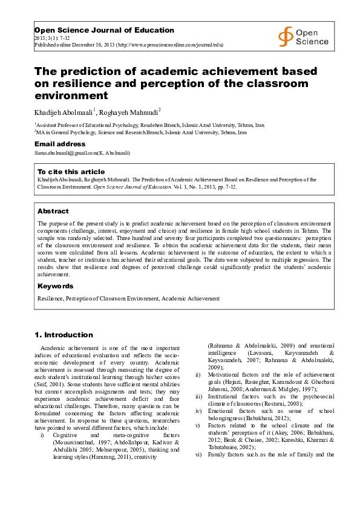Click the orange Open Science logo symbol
[x=286, y=37]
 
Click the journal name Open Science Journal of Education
[x=104, y=30]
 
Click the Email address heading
[x=60, y=144]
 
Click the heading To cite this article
[x=71, y=172]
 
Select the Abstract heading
[x=53, y=212]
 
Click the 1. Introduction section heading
[x=64, y=335]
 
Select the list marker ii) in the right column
[x=197, y=374]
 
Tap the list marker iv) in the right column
[x=197, y=410]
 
